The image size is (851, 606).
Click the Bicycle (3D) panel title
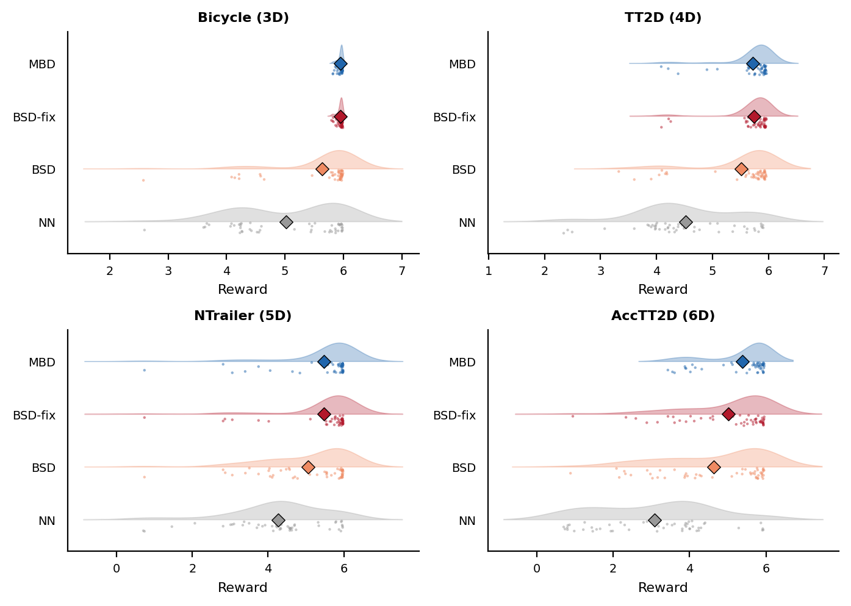[243, 18]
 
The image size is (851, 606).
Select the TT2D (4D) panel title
[663, 18]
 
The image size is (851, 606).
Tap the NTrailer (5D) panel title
[243, 316]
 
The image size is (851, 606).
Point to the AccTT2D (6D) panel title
[663, 316]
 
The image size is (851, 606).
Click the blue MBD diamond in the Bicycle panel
[340, 64]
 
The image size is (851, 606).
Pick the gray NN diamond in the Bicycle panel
[286, 222]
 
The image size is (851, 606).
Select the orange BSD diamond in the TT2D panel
[741, 169]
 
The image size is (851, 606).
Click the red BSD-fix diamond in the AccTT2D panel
[728, 415]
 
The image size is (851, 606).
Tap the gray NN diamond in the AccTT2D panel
[655, 520]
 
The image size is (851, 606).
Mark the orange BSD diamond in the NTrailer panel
[308, 467]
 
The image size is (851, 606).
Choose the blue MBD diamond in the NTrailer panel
[324, 362]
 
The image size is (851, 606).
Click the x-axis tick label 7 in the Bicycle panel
[401, 271]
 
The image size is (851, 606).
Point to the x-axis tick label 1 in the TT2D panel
[489, 271]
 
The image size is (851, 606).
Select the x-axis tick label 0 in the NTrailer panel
[117, 569]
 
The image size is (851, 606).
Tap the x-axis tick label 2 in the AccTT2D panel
[613, 569]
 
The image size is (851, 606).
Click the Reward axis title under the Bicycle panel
[243, 290]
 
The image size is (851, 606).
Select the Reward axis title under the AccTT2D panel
[663, 588]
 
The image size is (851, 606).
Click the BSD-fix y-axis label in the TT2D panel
[454, 117]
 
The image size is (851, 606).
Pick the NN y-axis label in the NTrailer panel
[47, 521]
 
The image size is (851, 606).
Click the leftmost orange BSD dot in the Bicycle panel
[143, 180]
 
